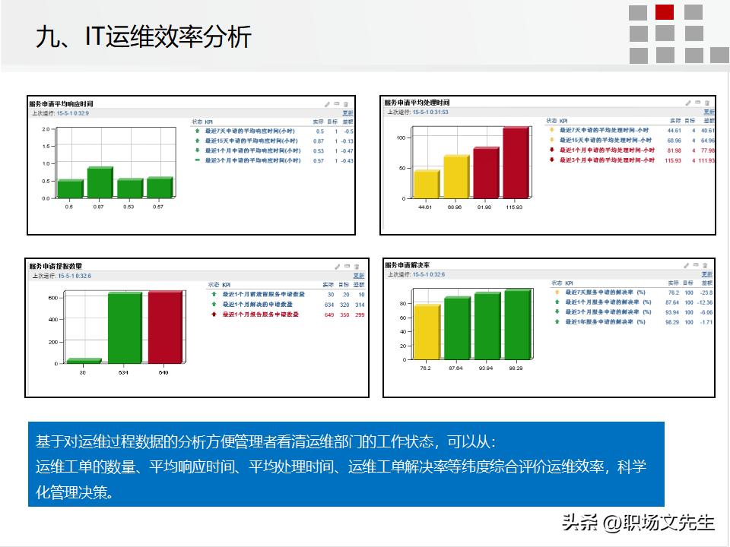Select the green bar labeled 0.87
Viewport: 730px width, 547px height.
coord(100,182)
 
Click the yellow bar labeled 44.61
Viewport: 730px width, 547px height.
coord(426,184)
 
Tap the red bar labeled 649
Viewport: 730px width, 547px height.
coord(165,327)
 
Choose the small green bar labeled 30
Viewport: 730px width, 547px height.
coord(84,361)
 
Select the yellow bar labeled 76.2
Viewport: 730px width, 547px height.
coord(427,331)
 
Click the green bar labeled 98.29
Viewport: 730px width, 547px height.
coord(517,324)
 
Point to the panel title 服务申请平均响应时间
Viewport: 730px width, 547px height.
coord(61,103)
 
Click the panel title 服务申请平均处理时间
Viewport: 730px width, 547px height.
coord(417,103)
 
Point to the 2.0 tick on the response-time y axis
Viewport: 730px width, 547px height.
coord(46,129)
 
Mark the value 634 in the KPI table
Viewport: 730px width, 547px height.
coord(328,304)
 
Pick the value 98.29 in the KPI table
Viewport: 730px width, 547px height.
coord(671,322)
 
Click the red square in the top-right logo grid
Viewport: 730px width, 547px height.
coord(665,12)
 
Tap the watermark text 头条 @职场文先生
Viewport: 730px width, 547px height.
coord(638,523)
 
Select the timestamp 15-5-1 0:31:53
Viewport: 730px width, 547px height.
coord(430,112)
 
